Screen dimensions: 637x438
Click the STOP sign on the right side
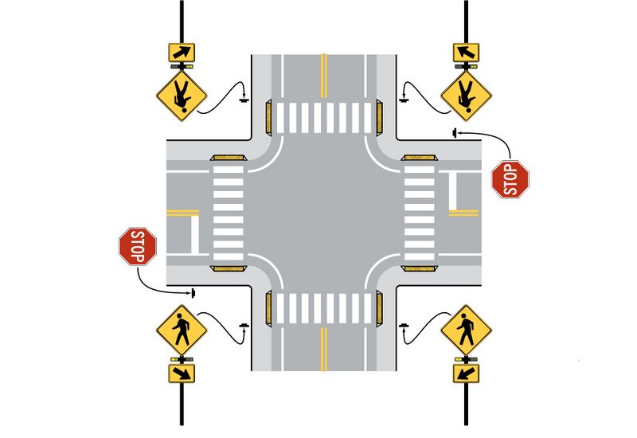(x=510, y=179)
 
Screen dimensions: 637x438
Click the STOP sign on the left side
(x=138, y=246)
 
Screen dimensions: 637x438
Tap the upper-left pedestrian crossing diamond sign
(x=182, y=96)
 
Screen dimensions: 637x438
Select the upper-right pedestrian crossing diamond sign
(x=467, y=96)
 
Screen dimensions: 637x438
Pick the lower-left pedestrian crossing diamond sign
(x=182, y=330)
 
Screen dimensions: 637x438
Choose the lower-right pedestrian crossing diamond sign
(x=467, y=330)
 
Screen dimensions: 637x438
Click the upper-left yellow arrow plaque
(x=182, y=53)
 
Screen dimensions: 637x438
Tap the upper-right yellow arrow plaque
(x=467, y=53)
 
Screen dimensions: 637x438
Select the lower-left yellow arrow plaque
(x=182, y=373)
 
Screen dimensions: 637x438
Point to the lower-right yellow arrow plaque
(x=467, y=373)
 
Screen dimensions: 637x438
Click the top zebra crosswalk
(x=324, y=118)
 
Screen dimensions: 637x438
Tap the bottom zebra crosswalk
(x=324, y=308)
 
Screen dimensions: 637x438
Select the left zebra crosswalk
(x=229, y=213)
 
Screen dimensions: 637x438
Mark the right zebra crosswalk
(x=420, y=213)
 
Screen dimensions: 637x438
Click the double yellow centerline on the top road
(x=324, y=76)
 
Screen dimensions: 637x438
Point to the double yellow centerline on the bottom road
(x=324, y=350)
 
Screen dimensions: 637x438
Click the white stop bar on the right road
(x=453, y=191)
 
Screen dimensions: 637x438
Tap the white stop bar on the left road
(x=195, y=235)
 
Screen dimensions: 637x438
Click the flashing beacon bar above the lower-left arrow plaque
(x=182, y=360)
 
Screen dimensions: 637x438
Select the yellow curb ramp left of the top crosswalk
(x=268, y=118)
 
